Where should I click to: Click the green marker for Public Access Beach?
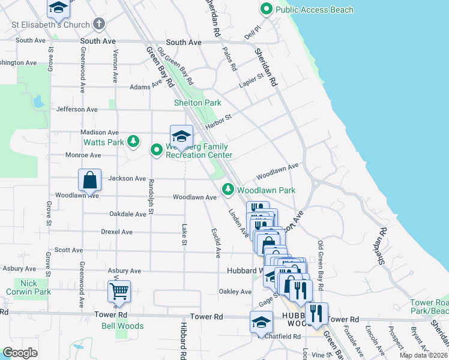[x=266, y=10]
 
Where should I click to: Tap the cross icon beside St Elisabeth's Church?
[x=99, y=25]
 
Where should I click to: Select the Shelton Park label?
[x=197, y=103]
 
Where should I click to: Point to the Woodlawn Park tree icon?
[x=228, y=190]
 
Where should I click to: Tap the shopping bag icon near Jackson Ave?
[x=89, y=179]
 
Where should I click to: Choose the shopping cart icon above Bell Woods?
[x=119, y=291]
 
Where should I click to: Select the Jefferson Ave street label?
[x=76, y=110]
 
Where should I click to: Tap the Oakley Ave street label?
[x=235, y=292]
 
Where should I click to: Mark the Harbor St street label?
[x=218, y=121]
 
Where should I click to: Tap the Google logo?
[x=20, y=352]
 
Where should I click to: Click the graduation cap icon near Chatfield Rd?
[x=261, y=323]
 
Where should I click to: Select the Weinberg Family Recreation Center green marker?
[x=157, y=149]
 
